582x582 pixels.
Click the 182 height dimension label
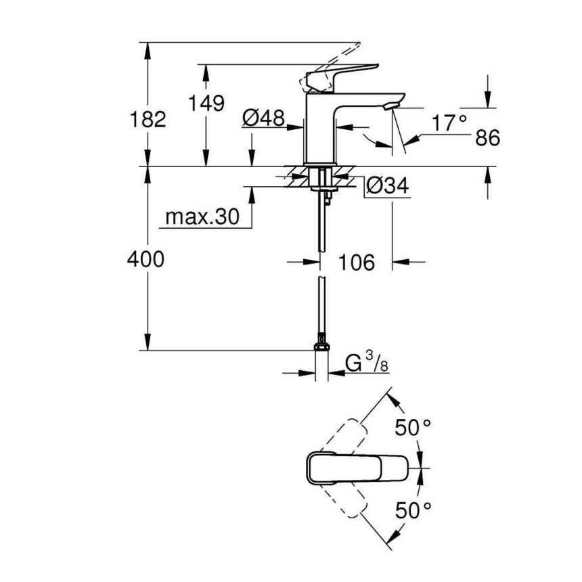pyautogui.click(x=148, y=120)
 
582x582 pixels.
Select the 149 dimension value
pyautogui.click(x=206, y=104)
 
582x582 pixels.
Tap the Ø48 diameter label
pyautogui.click(x=263, y=119)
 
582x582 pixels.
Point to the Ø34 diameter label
pyautogui.click(x=388, y=187)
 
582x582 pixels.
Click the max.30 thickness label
pyautogui.click(x=202, y=217)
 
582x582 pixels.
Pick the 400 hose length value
pyautogui.click(x=145, y=259)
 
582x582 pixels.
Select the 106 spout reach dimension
pyautogui.click(x=357, y=262)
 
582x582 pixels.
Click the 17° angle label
pyautogui.click(x=450, y=122)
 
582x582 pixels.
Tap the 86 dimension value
pyautogui.click(x=487, y=138)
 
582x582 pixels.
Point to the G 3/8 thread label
pyautogui.click(x=366, y=364)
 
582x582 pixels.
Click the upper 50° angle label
pyautogui.click(x=413, y=428)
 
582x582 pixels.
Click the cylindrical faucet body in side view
pyautogui.click(x=322, y=129)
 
